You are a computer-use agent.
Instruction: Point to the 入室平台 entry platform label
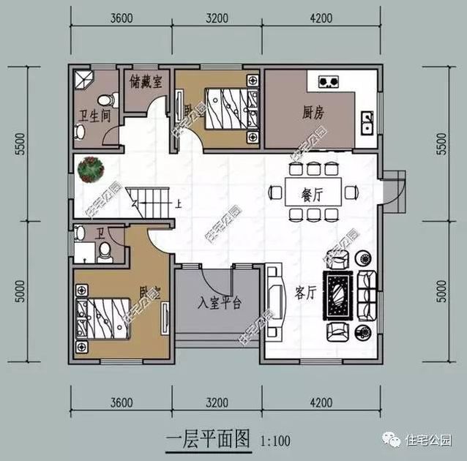(x=220, y=302)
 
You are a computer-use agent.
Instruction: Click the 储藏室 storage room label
(x=146, y=78)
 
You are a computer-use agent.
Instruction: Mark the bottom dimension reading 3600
(x=122, y=402)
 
